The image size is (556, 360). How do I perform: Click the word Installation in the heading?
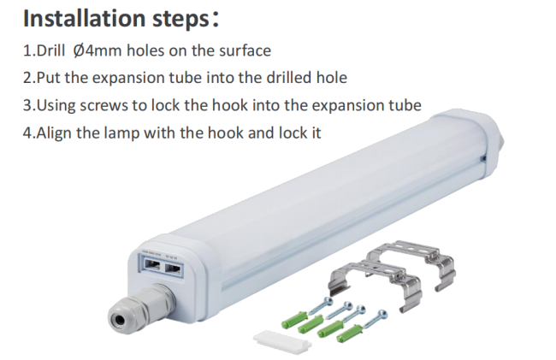coord(84,18)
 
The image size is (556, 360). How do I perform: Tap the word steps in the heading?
coord(181,20)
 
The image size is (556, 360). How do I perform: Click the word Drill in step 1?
coord(50,50)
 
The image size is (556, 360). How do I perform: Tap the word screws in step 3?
coord(104,106)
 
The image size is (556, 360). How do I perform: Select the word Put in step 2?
coord(48,78)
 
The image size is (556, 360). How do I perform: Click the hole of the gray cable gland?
coord(119,317)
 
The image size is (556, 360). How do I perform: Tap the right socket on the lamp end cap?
coord(174,269)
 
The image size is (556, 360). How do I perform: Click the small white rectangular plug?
coord(282,341)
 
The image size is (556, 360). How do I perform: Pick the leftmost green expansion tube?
coord(293,320)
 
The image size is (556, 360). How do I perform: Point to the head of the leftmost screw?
coord(328,301)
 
